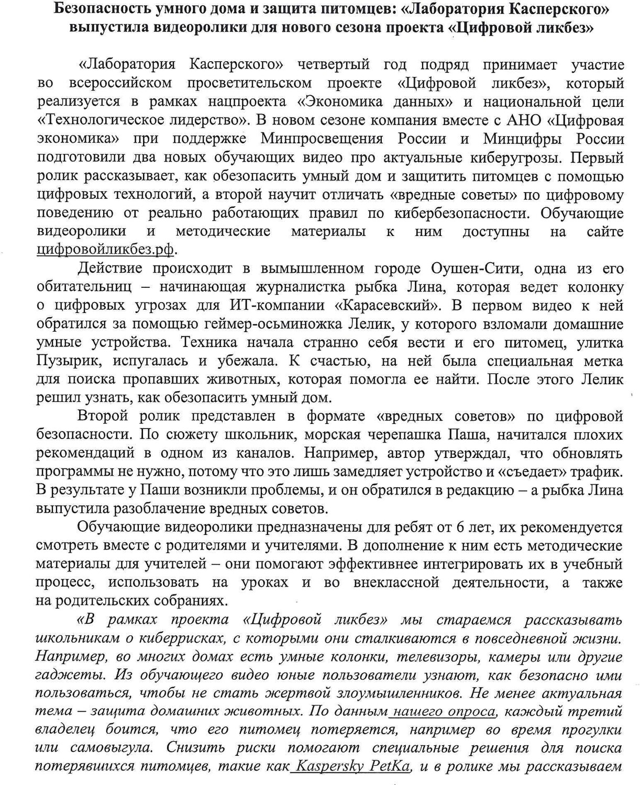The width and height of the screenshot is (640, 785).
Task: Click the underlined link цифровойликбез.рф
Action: (105, 250)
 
